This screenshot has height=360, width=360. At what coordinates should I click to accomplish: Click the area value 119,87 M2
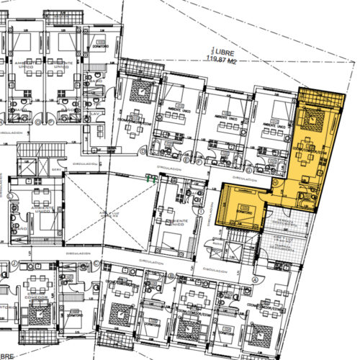tap(224, 61)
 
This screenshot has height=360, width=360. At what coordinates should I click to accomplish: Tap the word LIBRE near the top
tap(223, 54)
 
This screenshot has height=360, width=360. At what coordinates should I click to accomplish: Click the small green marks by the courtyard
tap(152, 177)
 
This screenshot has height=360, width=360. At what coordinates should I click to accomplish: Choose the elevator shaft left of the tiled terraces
tap(234, 252)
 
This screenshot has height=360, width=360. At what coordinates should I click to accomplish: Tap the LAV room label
tap(95, 113)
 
